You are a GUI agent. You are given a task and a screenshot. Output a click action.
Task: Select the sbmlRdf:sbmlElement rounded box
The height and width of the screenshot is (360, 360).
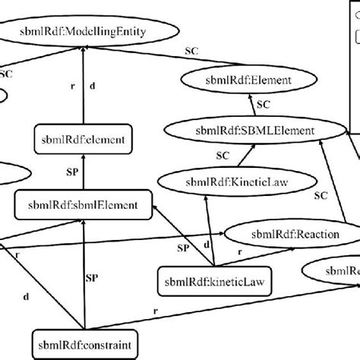click(x=84, y=204)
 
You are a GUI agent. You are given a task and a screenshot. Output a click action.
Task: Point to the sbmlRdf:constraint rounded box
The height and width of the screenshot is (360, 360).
click(x=82, y=343)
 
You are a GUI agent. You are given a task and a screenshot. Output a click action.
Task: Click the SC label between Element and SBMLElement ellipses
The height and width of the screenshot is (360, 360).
click(x=263, y=104)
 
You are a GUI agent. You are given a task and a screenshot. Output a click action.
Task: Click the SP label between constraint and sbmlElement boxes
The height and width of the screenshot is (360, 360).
click(x=93, y=279)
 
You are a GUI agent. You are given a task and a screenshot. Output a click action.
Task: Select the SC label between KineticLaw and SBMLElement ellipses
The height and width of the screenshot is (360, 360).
click(x=223, y=156)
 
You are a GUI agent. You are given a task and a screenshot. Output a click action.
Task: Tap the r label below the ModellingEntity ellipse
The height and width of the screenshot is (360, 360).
click(x=73, y=87)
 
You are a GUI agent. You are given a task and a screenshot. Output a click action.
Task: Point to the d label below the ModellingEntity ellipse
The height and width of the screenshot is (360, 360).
click(x=93, y=87)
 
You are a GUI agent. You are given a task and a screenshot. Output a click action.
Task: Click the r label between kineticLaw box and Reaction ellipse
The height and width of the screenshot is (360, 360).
click(x=240, y=251)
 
